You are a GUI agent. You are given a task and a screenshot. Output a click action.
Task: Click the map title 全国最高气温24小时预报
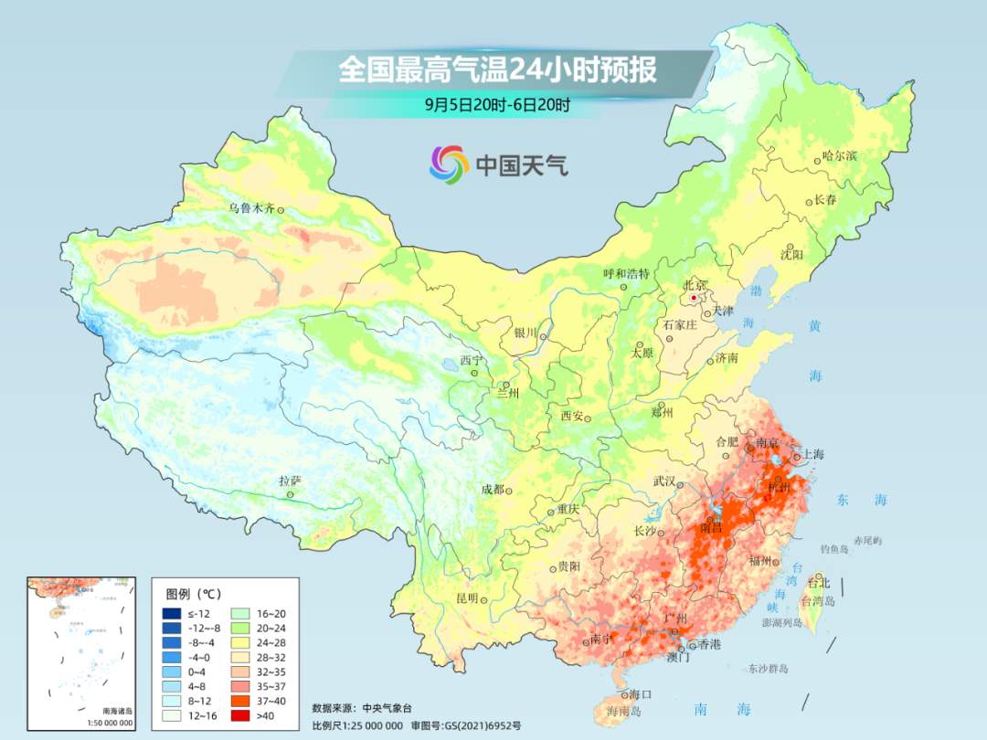point(497,69)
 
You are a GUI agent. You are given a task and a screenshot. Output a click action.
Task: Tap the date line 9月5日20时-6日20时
point(497,104)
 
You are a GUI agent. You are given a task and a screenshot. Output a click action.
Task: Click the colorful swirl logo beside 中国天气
point(449,164)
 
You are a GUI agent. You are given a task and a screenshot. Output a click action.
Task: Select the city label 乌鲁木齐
point(251,208)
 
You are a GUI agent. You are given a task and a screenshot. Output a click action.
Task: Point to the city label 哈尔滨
point(839,156)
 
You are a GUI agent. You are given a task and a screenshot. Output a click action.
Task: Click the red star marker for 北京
point(694,298)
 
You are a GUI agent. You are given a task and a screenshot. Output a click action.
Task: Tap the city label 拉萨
point(290,481)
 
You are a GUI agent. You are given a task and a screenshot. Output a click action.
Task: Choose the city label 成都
point(493,489)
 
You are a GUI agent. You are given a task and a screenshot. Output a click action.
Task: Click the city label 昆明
point(466,598)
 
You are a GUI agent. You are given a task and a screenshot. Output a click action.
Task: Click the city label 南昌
point(710,528)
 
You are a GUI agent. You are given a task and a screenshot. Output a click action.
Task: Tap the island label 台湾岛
point(818,601)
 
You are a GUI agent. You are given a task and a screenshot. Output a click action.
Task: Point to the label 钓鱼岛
point(836,549)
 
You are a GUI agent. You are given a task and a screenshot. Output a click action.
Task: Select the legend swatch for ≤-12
point(172,613)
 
